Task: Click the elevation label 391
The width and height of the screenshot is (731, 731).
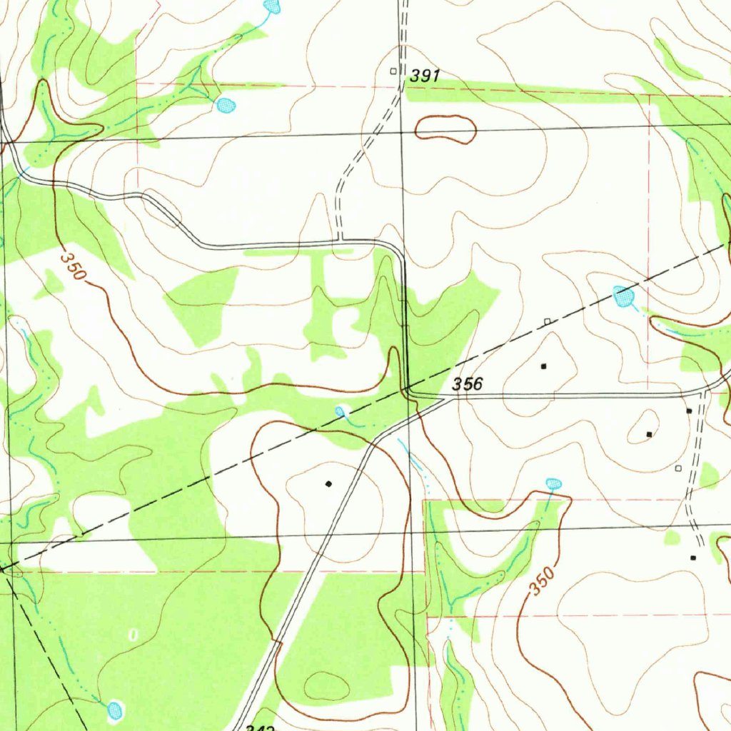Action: (x=425, y=76)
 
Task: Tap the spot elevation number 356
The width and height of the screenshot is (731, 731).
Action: (x=468, y=384)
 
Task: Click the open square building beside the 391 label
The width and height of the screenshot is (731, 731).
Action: (x=393, y=71)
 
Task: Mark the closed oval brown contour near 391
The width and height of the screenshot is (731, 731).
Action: (x=445, y=128)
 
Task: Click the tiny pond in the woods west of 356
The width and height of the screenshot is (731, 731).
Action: (x=341, y=410)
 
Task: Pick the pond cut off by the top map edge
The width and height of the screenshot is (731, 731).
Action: (x=271, y=6)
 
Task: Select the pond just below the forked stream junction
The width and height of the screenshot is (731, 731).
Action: (x=226, y=106)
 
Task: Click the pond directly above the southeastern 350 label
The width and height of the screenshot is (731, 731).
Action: (x=553, y=484)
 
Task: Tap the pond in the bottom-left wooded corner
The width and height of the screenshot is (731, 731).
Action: (x=115, y=710)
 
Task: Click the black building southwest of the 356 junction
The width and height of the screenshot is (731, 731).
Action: (x=328, y=484)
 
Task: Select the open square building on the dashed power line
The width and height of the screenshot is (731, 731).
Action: (x=548, y=322)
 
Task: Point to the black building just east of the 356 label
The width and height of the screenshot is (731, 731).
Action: (x=544, y=366)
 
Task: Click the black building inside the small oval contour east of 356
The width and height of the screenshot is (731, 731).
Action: (x=649, y=434)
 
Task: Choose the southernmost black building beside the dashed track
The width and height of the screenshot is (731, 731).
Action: (x=693, y=558)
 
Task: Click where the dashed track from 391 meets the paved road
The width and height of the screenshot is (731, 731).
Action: (x=339, y=241)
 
